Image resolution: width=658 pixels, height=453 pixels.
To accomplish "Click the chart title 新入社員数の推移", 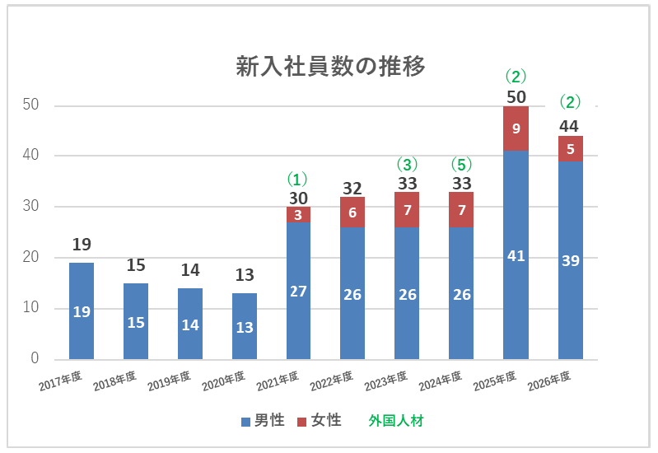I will pyautogui.click(x=330, y=67).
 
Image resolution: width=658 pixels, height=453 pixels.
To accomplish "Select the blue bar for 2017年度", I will pyautogui.click(x=82, y=311).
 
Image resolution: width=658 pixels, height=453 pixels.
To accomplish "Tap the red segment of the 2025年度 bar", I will pyautogui.click(x=516, y=128).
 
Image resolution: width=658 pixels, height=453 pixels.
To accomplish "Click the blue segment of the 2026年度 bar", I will pyautogui.click(x=570, y=259).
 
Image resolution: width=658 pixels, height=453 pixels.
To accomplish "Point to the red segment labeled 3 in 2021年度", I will pyautogui.click(x=298, y=214).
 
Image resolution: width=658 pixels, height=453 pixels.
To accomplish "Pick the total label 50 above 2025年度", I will pyautogui.click(x=516, y=96).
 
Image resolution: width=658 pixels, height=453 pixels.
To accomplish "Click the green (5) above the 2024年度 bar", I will pyautogui.click(x=461, y=164).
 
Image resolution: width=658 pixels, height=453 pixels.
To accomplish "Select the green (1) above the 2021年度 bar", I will pyautogui.click(x=298, y=178).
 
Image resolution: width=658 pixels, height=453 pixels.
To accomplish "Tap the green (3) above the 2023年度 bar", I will pyautogui.click(x=407, y=164).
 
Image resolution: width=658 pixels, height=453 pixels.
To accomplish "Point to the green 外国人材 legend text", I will pyautogui.click(x=395, y=420).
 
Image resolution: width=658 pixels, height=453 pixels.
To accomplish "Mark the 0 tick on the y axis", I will pyautogui.click(x=35, y=359).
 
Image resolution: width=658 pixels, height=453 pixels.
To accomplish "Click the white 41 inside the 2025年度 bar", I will pyautogui.click(x=516, y=256).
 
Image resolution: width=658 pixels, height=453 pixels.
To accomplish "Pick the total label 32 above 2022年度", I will pyautogui.click(x=352, y=188).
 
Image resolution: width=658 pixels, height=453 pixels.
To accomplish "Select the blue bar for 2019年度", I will pyautogui.click(x=190, y=324).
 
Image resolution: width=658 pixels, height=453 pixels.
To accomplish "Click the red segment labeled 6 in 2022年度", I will pyautogui.click(x=352, y=212).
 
